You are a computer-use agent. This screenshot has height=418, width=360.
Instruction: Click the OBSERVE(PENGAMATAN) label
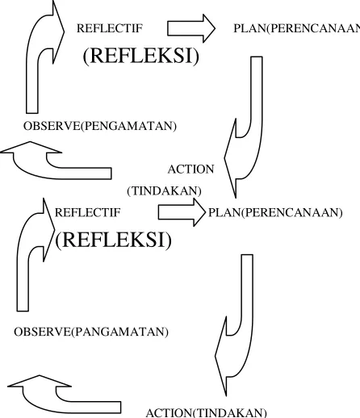(100, 126)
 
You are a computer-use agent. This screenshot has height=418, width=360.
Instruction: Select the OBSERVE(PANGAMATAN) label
(91, 332)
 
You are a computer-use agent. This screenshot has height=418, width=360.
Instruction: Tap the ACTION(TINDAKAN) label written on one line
(206, 413)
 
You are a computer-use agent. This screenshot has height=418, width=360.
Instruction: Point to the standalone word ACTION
(190, 169)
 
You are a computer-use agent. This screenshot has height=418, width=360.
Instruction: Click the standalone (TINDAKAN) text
(164, 191)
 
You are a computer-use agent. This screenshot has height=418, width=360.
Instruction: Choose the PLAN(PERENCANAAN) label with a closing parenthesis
(275, 212)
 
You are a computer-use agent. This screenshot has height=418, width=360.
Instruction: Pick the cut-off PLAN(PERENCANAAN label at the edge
(296, 28)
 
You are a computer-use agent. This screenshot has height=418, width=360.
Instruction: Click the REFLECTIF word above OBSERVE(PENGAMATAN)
(110, 28)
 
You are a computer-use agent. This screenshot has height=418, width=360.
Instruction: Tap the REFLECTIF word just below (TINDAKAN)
(87, 212)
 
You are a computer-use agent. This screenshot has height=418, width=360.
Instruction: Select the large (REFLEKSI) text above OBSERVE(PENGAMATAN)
(141, 56)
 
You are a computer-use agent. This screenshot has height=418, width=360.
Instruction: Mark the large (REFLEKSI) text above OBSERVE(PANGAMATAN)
(113, 240)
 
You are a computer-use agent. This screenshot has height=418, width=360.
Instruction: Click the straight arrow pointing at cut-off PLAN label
(191, 28)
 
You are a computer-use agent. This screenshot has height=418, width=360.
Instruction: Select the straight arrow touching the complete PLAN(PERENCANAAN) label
(182, 212)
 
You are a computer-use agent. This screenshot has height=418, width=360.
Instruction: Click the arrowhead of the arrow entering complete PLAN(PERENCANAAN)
(199, 212)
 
